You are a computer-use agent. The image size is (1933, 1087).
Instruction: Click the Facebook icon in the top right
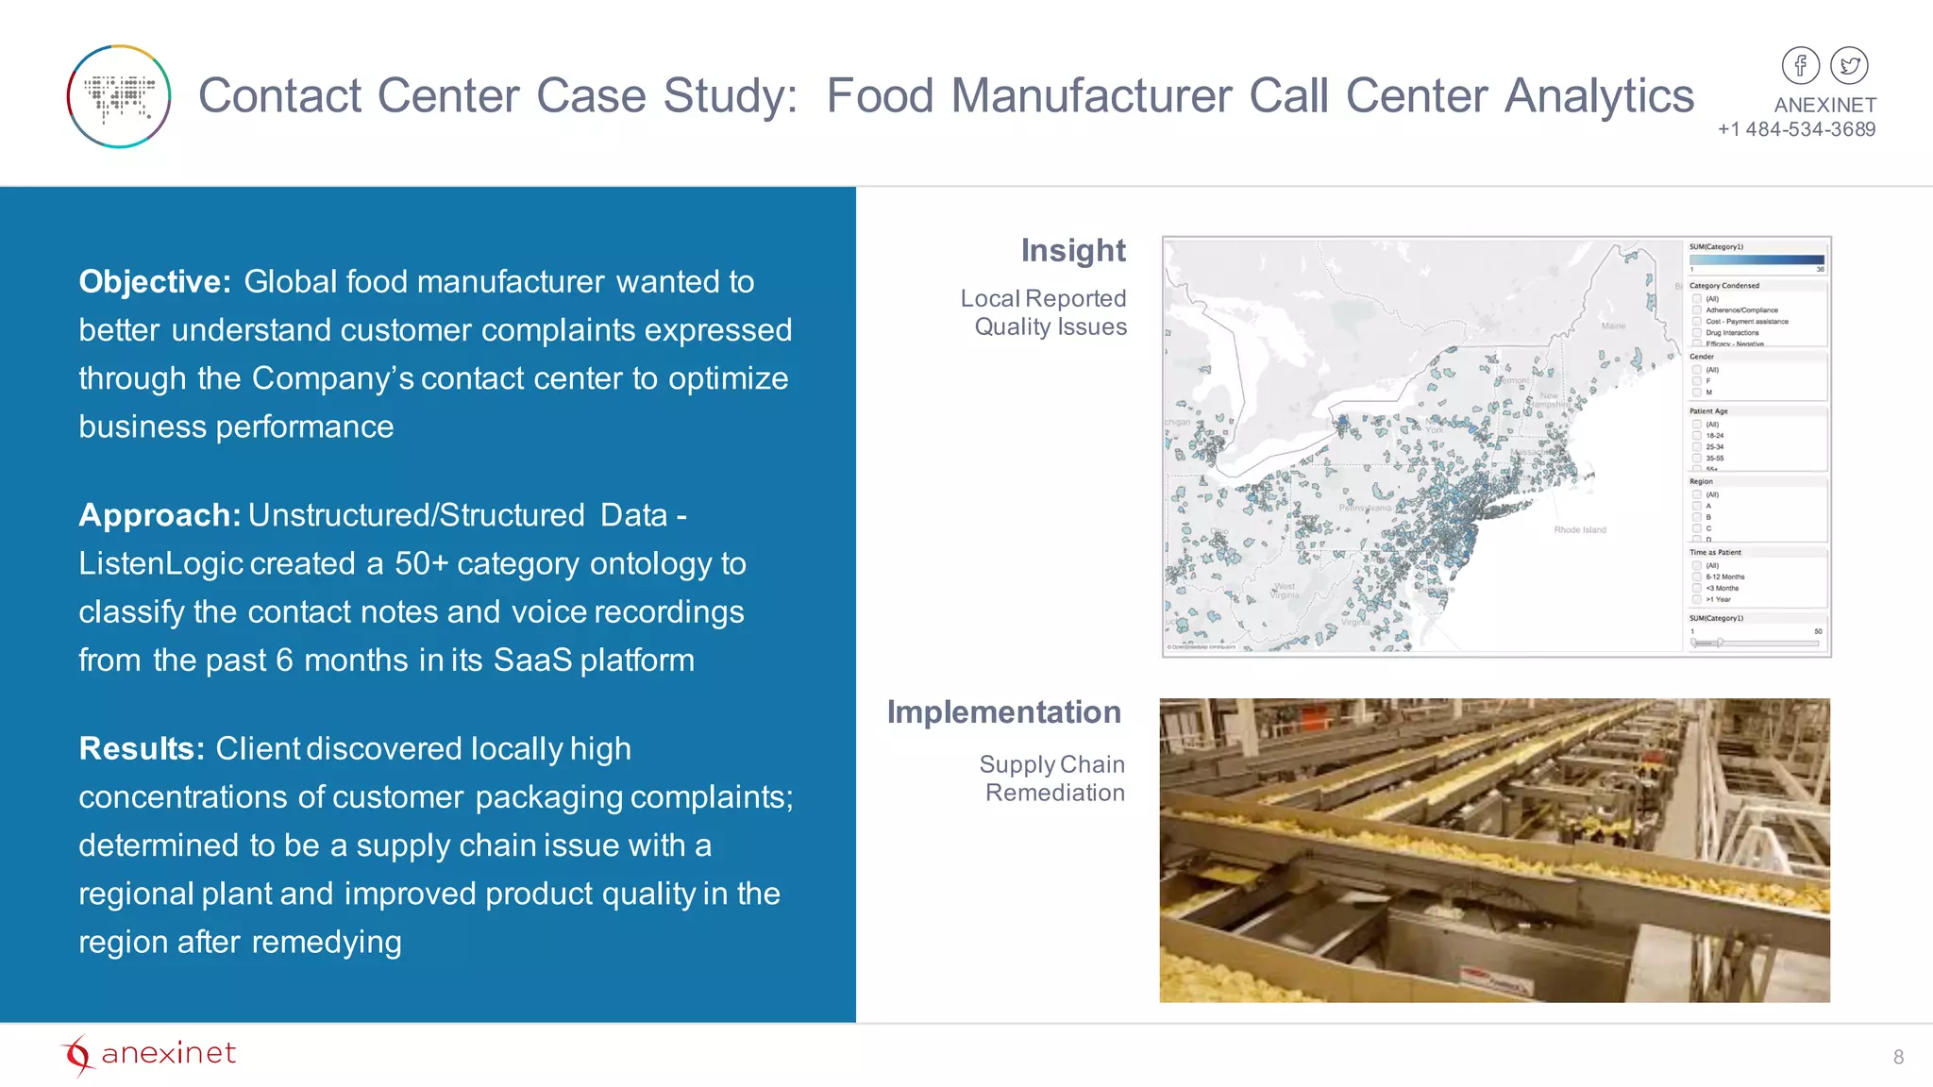[x=1800, y=66]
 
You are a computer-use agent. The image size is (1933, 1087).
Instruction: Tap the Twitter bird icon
[x=1849, y=66]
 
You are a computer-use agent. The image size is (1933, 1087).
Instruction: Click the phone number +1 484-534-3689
[x=1796, y=129]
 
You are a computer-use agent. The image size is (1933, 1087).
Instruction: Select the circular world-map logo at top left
[x=119, y=96]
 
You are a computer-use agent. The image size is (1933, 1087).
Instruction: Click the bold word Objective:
[x=155, y=281]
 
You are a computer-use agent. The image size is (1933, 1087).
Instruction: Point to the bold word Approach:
[x=160, y=515]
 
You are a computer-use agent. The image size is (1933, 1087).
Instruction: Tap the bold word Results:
[x=142, y=748]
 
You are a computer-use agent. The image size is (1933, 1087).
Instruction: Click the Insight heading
[x=1073, y=250]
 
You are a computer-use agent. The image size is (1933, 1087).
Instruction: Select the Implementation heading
[x=1003, y=711]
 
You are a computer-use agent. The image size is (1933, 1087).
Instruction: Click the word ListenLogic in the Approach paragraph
[x=161, y=563]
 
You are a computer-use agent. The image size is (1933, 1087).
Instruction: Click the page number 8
[x=1898, y=1057]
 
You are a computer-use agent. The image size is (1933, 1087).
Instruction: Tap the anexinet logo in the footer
[x=148, y=1054]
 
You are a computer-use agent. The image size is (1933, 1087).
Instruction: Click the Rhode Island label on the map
[x=1579, y=530]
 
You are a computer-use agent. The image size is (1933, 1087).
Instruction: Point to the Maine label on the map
[x=1613, y=326]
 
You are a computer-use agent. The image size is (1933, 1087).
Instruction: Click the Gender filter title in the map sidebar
[x=1702, y=357]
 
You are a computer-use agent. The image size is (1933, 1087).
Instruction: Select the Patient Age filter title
[x=1708, y=411]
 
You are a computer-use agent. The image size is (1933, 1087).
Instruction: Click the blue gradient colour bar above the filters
[x=1757, y=259]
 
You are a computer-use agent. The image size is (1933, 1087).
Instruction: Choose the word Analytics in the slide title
[x=1599, y=96]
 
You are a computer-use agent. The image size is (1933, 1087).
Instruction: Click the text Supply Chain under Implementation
[x=1051, y=764]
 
